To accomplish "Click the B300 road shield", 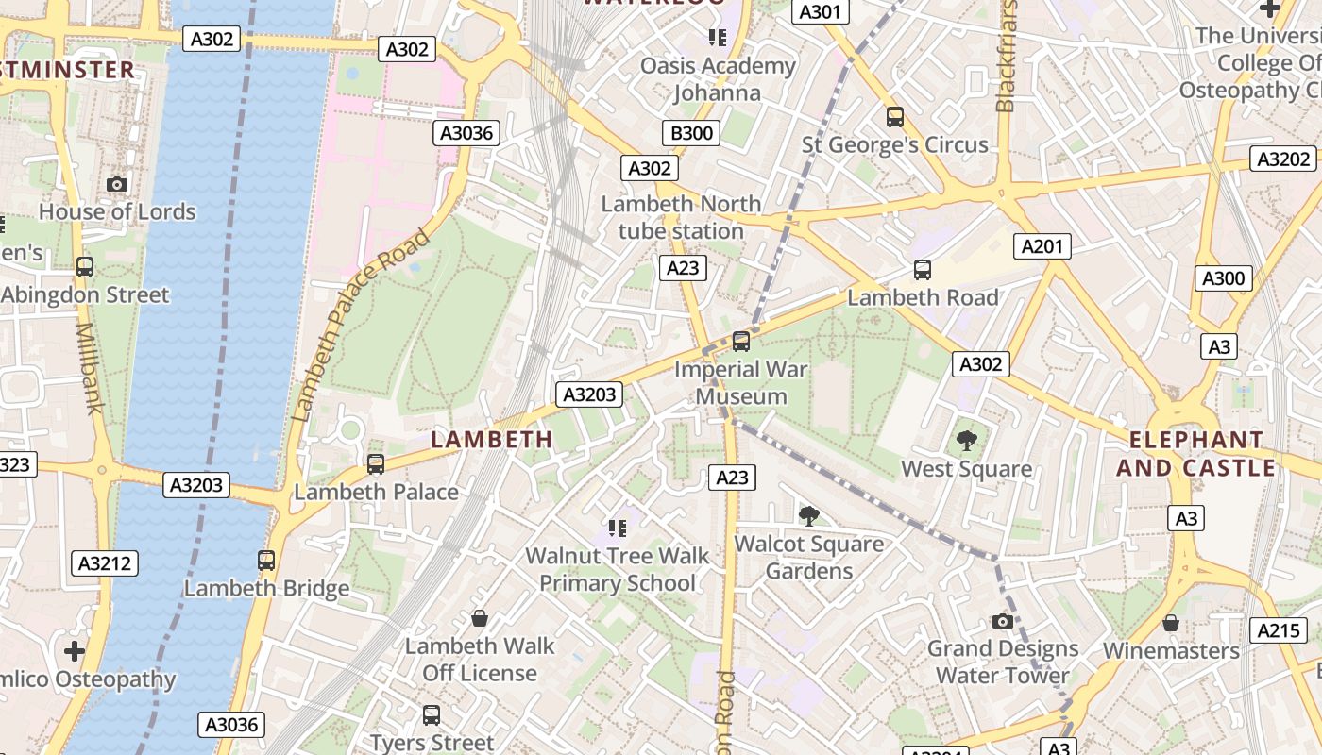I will pos(691,133).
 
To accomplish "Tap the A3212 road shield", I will pos(105,563).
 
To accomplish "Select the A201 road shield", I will pos(1042,246).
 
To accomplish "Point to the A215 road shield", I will pos(1279,630).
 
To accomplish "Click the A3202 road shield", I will pos(1284,159).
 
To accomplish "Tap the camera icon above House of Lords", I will pos(117,184).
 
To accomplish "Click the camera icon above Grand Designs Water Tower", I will pos(1003,621).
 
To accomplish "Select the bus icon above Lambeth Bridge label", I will pos(266,561).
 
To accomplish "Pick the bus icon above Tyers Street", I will pos(432,715).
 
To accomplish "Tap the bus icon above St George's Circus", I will pos(895,117).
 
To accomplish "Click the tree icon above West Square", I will pos(966,440).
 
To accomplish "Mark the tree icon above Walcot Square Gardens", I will pos(808,515).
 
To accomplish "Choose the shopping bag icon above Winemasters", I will pos(1171,623).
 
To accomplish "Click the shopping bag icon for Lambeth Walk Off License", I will pos(480,618).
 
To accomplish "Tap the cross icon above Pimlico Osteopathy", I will pos(75,651).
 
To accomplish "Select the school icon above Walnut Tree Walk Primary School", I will pos(618,527).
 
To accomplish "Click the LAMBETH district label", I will pos(492,439).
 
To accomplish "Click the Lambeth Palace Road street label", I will pos(361,324).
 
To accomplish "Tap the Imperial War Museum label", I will pos(741,382).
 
